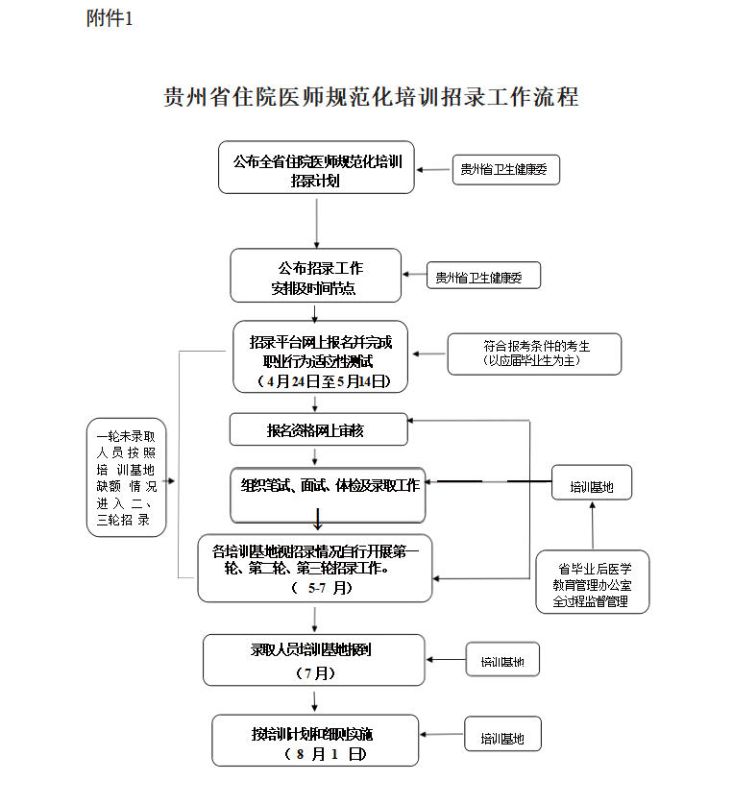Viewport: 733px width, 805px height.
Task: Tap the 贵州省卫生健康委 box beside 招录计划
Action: [505, 170]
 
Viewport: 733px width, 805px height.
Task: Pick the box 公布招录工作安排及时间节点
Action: [315, 276]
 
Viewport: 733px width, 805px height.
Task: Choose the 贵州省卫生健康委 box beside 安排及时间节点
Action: [483, 278]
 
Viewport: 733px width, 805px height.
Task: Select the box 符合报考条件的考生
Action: [534, 354]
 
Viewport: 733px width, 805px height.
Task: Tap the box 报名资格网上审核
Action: [317, 430]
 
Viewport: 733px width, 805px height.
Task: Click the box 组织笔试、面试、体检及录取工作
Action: [330, 487]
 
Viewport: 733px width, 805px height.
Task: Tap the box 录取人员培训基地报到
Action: [314, 660]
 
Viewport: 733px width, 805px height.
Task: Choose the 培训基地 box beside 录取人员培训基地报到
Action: [502, 661]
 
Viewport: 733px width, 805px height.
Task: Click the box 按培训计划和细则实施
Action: [315, 741]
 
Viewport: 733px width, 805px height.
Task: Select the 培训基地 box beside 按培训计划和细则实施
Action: [502, 739]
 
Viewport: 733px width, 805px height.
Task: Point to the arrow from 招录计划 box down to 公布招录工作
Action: [316, 222]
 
